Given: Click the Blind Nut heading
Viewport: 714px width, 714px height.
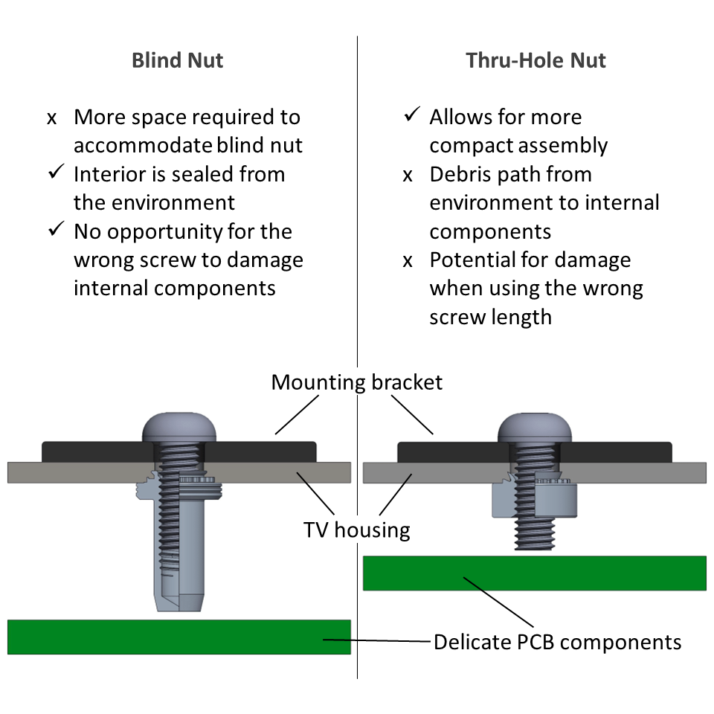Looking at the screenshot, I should coord(177,60).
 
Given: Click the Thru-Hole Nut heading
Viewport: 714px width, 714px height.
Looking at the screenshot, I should coord(535,60).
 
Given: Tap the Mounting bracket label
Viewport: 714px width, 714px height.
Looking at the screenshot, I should coord(356,382).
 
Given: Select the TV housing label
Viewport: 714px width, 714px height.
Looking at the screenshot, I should coord(356,530).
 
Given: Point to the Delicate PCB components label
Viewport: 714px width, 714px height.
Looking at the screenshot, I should coord(557,641).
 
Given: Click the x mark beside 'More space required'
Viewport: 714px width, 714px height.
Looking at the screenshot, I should coord(52,118).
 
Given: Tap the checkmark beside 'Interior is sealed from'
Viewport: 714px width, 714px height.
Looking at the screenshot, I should coord(56,174).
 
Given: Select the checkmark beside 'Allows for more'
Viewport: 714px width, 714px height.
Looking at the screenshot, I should coord(411,116).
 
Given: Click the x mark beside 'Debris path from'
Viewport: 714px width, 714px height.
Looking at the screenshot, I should coord(408,176).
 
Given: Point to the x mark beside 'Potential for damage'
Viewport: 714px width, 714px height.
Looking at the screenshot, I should coord(408,261).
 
